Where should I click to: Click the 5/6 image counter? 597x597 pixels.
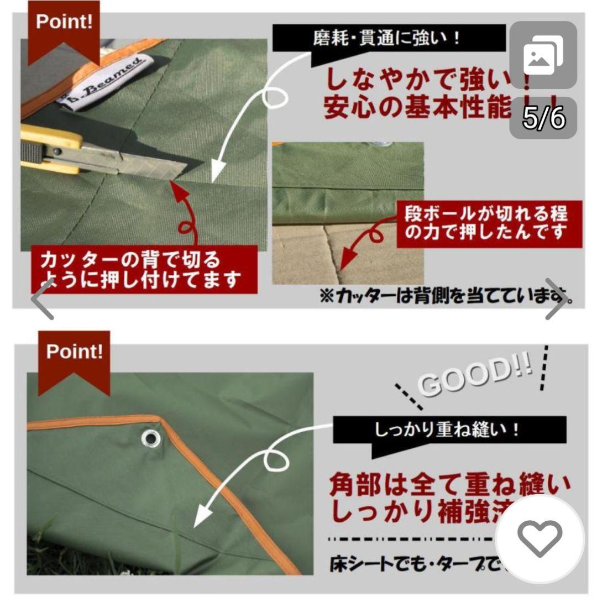tap(543, 118)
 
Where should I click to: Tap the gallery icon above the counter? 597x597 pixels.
tap(543, 55)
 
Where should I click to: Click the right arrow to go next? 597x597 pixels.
tap(556, 306)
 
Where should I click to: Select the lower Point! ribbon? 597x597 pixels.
tap(74, 357)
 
